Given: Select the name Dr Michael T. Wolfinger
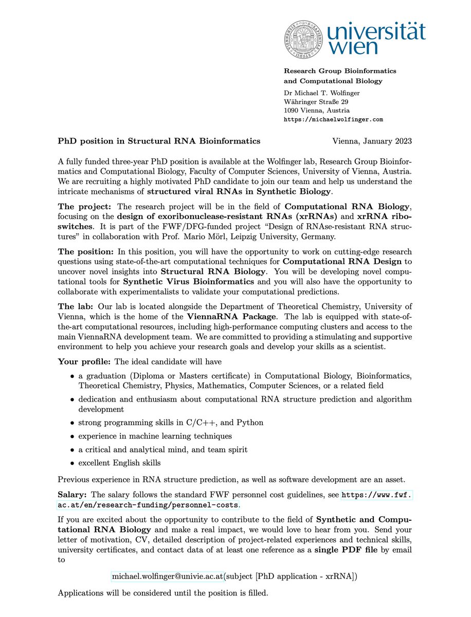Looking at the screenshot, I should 322,93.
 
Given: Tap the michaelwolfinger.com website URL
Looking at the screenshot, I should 334,119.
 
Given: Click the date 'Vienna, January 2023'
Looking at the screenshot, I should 372,140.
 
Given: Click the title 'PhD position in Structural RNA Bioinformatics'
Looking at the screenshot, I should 159,140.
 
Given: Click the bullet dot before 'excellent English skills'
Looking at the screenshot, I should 73,463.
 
